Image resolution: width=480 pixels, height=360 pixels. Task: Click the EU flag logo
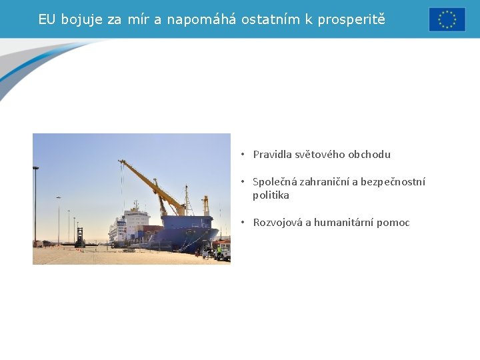(447, 19)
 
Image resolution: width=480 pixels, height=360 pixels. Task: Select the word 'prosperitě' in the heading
(351, 19)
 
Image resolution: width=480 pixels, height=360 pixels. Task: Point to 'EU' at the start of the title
(47, 19)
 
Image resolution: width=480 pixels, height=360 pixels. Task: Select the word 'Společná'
(274, 182)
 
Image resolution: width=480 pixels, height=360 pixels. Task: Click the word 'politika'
(271, 195)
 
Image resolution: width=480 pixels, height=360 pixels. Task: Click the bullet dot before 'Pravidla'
(244, 155)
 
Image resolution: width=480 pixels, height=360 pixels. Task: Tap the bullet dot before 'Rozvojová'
(244, 223)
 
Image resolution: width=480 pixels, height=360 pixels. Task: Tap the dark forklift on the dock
(80, 238)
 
